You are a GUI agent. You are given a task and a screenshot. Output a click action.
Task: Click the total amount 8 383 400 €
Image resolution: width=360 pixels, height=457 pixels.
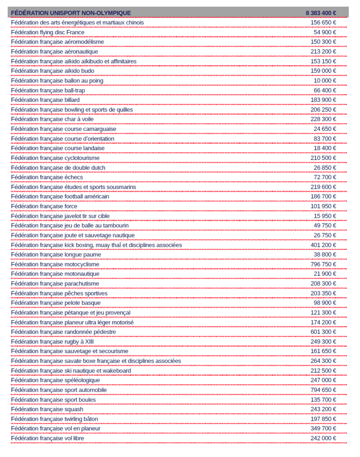(x=321, y=13)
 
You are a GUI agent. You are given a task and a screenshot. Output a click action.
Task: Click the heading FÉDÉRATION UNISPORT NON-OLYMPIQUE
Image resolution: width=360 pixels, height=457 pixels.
(x=71, y=13)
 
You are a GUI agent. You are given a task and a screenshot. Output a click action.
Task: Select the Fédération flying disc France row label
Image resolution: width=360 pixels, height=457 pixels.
(x=48, y=33)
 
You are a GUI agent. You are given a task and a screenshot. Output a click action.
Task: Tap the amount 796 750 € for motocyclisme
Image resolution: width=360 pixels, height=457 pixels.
(x=323, y=264)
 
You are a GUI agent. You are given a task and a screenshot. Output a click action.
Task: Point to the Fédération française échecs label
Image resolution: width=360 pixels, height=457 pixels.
(x=47, y=177)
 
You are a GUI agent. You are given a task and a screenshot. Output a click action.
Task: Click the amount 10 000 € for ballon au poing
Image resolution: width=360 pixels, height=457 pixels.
(x=325, y=81)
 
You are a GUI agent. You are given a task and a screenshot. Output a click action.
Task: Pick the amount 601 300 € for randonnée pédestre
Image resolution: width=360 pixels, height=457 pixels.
(x=323, y=332)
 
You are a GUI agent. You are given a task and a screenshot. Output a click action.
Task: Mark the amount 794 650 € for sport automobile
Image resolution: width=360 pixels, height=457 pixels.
(x=323, y=390)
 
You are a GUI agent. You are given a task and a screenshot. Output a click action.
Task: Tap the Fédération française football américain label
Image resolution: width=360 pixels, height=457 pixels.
(x=60, y=197)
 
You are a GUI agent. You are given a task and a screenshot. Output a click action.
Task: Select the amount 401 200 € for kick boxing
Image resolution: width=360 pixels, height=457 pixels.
(x=323, y=245)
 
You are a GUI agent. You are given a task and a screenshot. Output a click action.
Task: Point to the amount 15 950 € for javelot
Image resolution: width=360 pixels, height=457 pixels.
(x=325, y=216)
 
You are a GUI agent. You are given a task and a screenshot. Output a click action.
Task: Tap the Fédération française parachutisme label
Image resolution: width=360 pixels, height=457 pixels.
(x=55, y=284)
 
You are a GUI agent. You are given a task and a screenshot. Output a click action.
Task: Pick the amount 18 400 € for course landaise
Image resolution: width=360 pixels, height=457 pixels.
(x=325, y=148)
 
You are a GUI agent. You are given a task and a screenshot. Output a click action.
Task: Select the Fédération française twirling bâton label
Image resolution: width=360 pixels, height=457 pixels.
(x=54, y=419)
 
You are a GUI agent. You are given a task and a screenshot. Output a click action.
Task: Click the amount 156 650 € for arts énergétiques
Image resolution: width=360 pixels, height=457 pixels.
(x=323, y=23)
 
